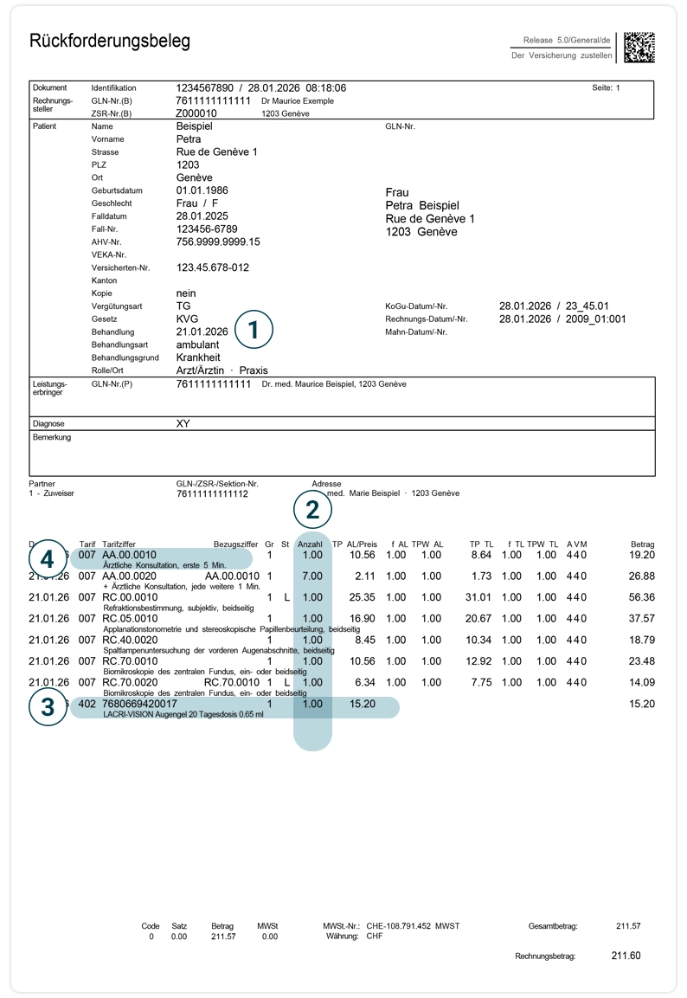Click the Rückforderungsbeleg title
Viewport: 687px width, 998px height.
(110, 42)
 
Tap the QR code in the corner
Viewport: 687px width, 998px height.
(639, 48)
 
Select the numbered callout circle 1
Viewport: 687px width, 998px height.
(254, 330)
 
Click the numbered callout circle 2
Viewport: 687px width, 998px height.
(312, 510)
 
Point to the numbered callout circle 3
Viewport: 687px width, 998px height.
(48, 707)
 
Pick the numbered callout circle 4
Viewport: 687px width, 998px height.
(48, 557)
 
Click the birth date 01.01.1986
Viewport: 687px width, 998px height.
(202, 190)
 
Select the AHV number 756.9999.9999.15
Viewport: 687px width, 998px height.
(218, 241)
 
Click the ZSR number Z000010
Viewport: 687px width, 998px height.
(196, 113)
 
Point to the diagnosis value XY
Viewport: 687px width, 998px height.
(183, 424)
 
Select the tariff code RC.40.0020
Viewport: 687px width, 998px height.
(130, 640)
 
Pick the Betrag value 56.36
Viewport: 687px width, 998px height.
(642, 597)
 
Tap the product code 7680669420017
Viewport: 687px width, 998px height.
(139, 704)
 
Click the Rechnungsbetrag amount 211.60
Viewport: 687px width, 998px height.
(626, 956)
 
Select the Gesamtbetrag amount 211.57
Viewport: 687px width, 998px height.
(628, 926)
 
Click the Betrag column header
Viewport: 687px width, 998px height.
(643, 544)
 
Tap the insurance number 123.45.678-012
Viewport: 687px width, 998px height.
(213, 267)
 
